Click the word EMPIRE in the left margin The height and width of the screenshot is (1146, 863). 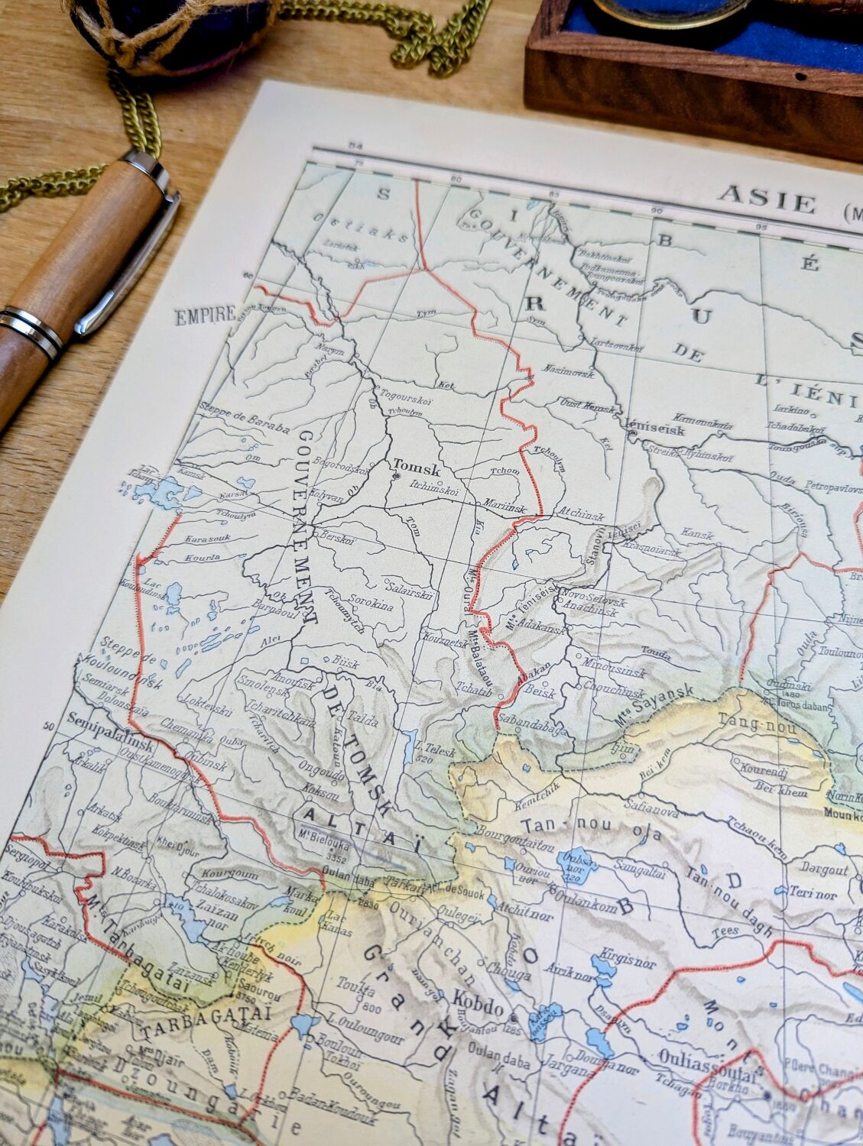[204, 316]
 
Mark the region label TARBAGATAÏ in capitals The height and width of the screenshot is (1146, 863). [206, 1018]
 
